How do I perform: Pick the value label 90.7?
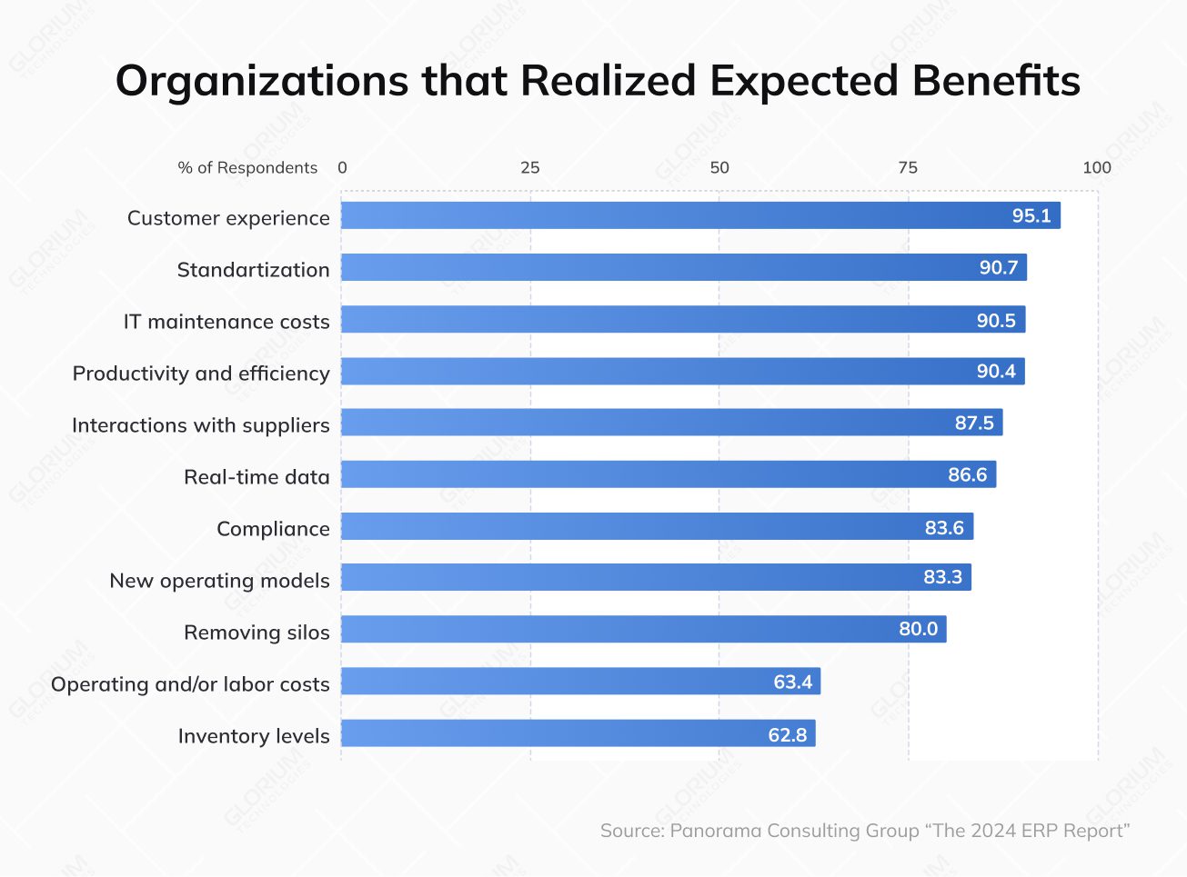tap(998, 268)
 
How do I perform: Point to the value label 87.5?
tap(973, 424)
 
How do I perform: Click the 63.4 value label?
tap(792, 683)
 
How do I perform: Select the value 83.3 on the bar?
tap(942, 578)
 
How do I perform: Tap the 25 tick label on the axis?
tap(529, 167)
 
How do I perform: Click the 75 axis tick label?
tap(908, 167)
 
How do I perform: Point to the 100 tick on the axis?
tap(1096, 167)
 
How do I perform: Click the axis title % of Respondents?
tap(247, 168)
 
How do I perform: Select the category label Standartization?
tap(253, 270)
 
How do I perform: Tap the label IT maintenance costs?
tap(226, 322)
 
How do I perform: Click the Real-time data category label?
tap(257, 477)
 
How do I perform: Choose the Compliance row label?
tap(273, 529)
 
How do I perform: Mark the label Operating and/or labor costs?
tap(190, 684)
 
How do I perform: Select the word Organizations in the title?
tap(262, 81)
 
